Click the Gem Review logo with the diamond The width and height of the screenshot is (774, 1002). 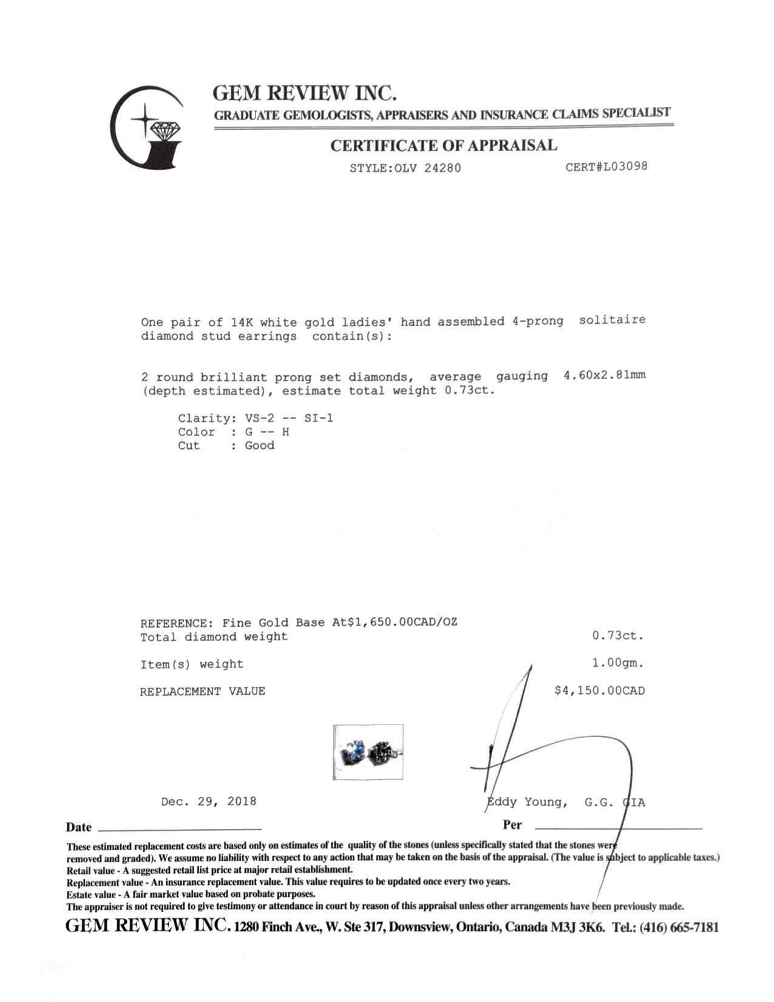[148, 128]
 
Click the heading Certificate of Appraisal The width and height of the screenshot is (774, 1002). [443, 146]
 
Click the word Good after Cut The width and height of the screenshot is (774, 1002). [259, 445]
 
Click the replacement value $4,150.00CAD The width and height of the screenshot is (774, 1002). [599, 690]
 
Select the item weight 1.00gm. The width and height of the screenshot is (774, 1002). [617, 663]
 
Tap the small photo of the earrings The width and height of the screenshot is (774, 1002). [368, 752]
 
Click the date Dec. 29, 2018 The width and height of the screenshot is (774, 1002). [208, 802]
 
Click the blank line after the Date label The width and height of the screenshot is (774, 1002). [179, 828]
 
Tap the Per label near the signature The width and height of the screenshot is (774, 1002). [512, 825]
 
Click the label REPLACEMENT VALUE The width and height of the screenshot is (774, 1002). [202, 691]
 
